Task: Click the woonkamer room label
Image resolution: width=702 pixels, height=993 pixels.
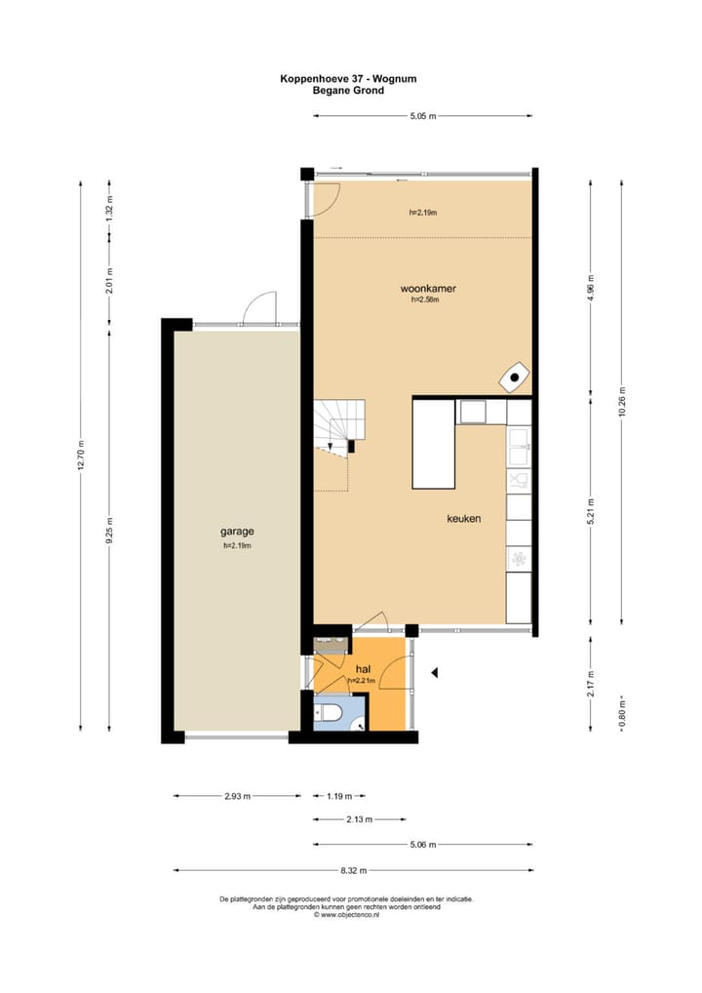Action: (x=428, y=289)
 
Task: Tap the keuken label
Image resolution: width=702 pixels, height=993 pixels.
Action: (x=463, y=519)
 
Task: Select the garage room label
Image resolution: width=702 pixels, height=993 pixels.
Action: (x=237, y=532)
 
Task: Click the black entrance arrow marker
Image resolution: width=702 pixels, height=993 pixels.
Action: (x=436, y=672)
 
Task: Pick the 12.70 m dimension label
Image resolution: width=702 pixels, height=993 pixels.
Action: (x=82, y=454)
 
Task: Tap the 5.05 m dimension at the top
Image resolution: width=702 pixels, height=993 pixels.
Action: (x=422, y=116)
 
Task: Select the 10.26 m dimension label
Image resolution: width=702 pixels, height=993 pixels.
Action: (x=620, y=402)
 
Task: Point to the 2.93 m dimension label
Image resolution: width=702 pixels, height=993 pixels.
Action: (x=238, y=796)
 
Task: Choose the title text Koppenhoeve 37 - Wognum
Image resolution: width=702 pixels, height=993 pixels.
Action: (x=348, y=79)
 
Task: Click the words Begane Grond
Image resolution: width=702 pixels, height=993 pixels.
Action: (x=348, y=91)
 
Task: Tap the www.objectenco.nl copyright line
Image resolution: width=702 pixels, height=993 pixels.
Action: (x=346, y=915)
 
